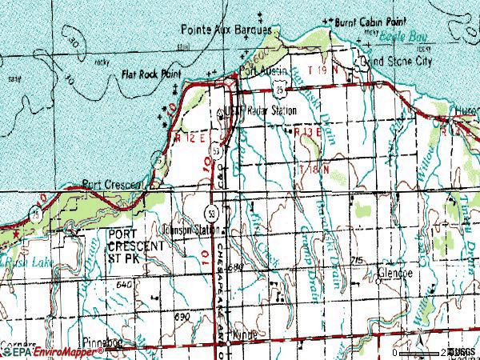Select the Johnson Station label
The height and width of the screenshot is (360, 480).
(190, 229)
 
